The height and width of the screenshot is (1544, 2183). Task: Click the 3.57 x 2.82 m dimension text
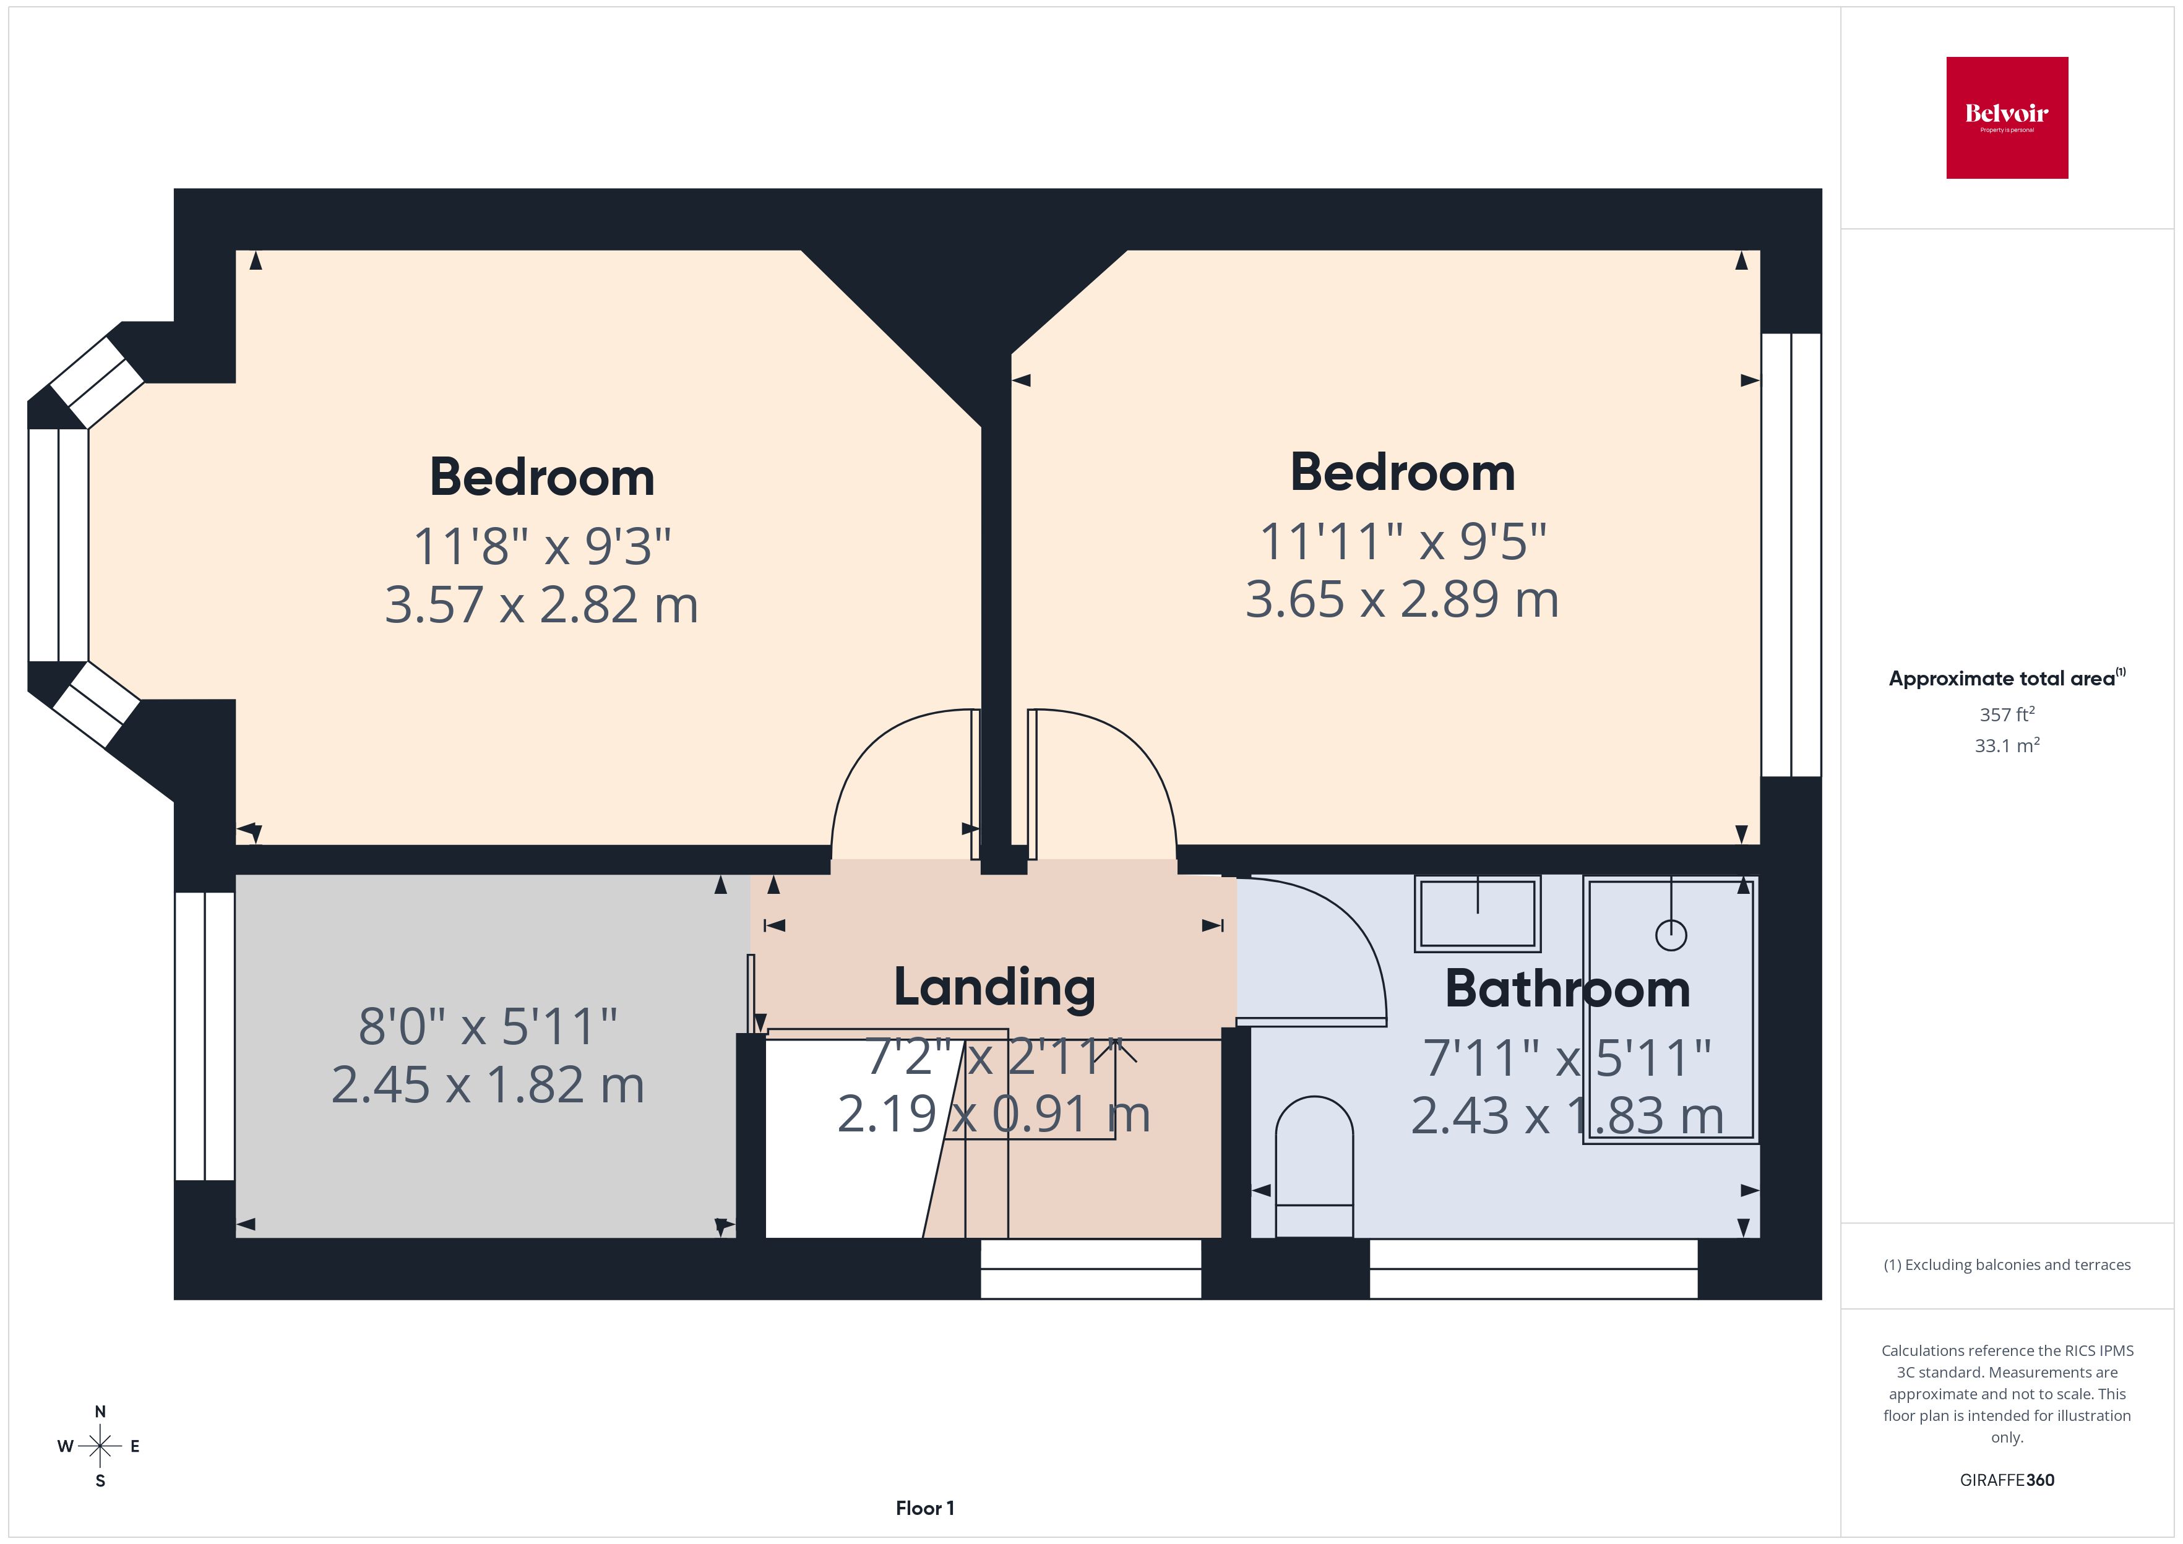coord(541,604)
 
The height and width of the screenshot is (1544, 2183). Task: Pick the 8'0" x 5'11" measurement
coord(488,1027)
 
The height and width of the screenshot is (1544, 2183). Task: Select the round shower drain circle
coord(1671,935)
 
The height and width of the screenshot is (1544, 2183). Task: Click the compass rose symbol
coord(100,1446)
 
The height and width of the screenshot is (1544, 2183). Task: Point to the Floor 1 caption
coord(924,1508)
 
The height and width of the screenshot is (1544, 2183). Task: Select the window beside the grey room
coord(204,1036)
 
